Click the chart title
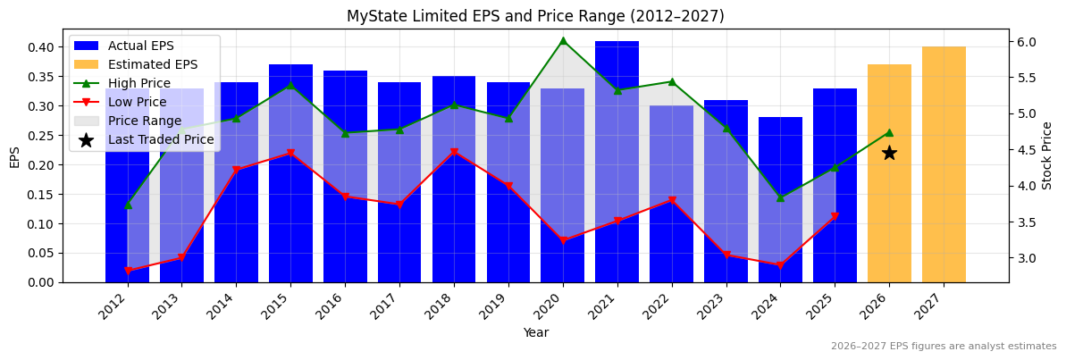pos(535,16)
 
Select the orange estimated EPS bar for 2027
pos(944,164)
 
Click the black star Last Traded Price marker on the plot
pos(889,153)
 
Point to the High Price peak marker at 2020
pos(563,40)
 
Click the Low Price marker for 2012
pos(128,271)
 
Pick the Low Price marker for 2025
pos(835,217)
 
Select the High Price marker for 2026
pos(889,132)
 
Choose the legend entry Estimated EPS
pos(152,64)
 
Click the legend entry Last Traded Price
pos(161,139)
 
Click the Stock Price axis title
pos(1047,155)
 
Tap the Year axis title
pos(535,333)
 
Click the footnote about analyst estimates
pos(943,347)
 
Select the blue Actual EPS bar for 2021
pos(617,161)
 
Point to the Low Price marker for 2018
pos(454,153)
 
